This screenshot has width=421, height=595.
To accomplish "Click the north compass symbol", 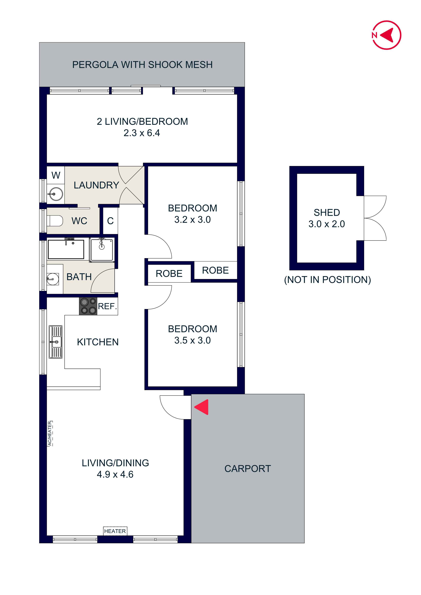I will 387,35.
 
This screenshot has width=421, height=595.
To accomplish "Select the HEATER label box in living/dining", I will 115,531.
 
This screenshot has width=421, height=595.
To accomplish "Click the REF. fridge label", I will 107,306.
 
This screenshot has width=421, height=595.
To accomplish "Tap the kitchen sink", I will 56,342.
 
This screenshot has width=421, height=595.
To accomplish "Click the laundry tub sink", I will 56,194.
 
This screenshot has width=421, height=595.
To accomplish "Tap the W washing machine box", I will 56,175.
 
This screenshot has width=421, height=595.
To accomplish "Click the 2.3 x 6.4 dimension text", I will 142,133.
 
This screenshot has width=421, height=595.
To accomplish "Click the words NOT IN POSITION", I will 327,280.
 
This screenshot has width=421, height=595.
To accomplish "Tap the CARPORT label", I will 248,468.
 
